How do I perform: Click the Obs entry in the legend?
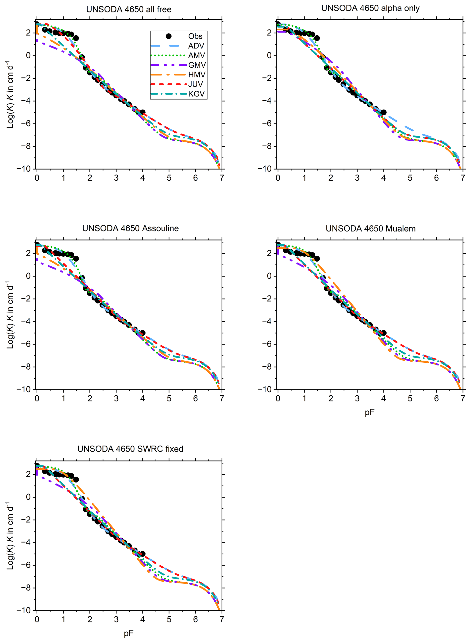coord(195,36)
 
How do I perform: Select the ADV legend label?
coord(196,46)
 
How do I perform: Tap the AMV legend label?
coord(196,55)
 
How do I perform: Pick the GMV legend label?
coord(197,65)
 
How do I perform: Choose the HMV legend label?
coord(197,75)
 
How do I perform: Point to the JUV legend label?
coord(196,84)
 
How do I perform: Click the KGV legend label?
coord(196,94)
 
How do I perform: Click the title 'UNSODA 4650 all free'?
coord(129,9)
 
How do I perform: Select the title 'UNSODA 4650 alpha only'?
coord(370,8)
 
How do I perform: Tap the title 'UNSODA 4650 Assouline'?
coord(130,228)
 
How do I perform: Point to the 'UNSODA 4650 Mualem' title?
coord(370,229)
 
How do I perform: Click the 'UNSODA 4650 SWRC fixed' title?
coord(130,449)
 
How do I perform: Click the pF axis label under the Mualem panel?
coord(369,412)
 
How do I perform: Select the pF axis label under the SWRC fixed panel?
coord(129,633)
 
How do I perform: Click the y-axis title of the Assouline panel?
coord(10,315)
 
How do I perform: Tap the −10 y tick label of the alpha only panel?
coord(265,169)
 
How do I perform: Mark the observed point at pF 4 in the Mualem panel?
coord(383,333)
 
